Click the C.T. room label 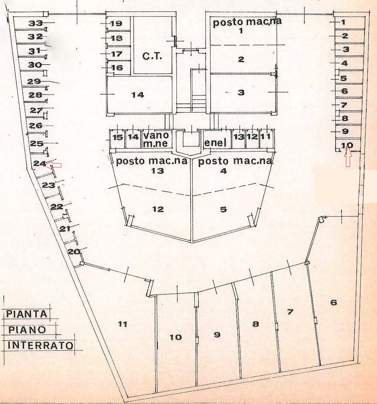pos(152,56)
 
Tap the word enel pos(215,142)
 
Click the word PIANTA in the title pos(27,314)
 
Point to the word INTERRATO pos(40,345)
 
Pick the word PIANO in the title pos(27,329)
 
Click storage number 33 pos(35,23)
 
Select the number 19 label pos(116,23)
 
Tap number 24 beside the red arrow pos(40,164)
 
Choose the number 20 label pos(73,252)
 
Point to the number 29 pos(34,82)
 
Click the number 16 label pos(117,68)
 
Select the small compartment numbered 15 pos(118,137)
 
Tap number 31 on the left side pos(35,51)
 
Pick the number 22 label pos(57,207)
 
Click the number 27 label pos(36,111)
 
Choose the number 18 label pos(117,38)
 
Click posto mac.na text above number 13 pos(152,161)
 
